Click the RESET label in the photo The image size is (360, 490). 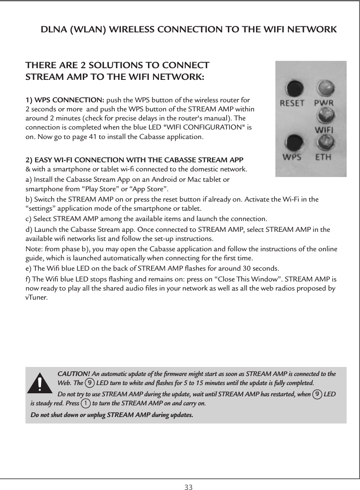tap(293, 104)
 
